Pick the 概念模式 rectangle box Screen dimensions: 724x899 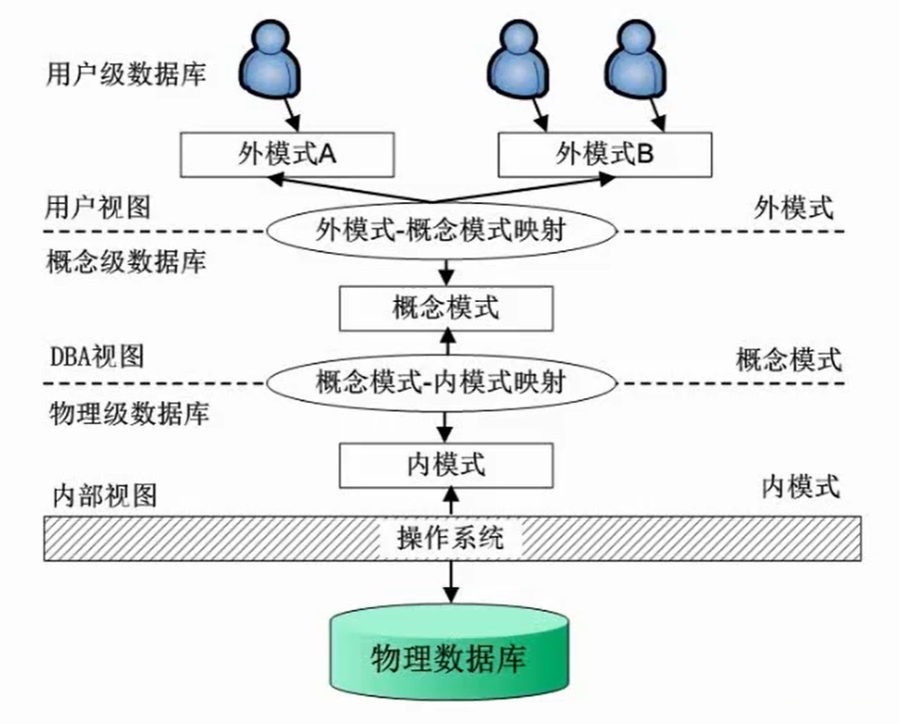click(x=445, y=308)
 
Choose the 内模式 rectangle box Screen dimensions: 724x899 click(x=445, y=464)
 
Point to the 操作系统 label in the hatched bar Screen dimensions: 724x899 click(x=451, y=539)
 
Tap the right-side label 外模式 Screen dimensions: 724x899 click(x=794, y=208)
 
